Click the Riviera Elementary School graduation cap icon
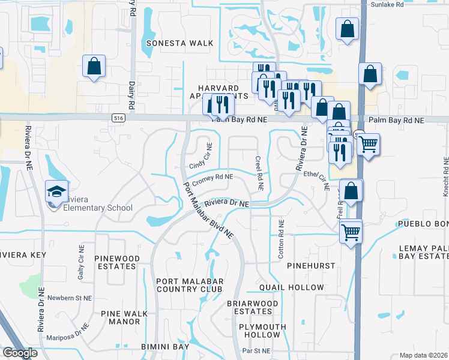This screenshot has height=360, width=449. (x=57, y=192)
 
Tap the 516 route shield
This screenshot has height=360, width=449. (x=117, y=118)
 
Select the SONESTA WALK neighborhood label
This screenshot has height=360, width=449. (x=180, y=43)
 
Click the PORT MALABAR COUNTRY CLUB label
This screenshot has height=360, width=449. (x=189, y=285)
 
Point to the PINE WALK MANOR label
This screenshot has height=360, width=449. (x=120, y=317)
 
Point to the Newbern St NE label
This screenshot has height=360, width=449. (x=70, y=298)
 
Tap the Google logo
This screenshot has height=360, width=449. (x=20, y=353)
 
